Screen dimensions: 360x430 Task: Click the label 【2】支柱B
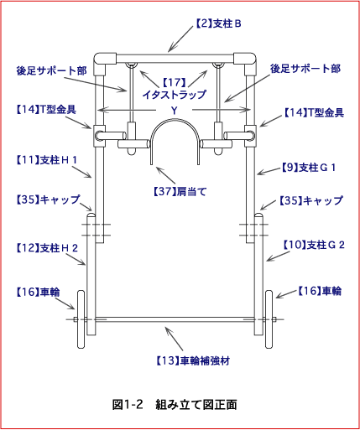click(x=218, y=23)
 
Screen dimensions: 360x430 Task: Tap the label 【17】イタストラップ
click(x=174, y=88)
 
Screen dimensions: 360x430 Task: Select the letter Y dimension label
click(x=175, y=111)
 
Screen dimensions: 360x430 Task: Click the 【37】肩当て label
click(x=180, y=192)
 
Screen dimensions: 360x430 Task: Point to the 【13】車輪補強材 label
click(x=192, y=360)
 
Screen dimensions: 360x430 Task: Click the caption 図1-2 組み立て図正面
click(x=175, y=404)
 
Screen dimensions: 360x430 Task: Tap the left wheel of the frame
click(x=81, y=319)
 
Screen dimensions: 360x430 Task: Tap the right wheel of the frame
click(x=269, y=319)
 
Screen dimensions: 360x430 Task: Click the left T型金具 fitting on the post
click(x=99, y=136)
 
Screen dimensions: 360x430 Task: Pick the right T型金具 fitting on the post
click(x=250, y=136)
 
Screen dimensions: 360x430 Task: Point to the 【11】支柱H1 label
click(x=46, y=160)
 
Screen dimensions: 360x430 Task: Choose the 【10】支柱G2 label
click(x=314, y=245)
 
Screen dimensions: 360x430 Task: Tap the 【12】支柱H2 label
click(x=47, y=248)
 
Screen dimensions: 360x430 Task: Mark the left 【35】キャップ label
click(x=48, y=199)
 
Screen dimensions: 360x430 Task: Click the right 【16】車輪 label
click(x=319, y=291)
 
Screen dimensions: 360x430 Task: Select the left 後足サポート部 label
click(x=51, y=70)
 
